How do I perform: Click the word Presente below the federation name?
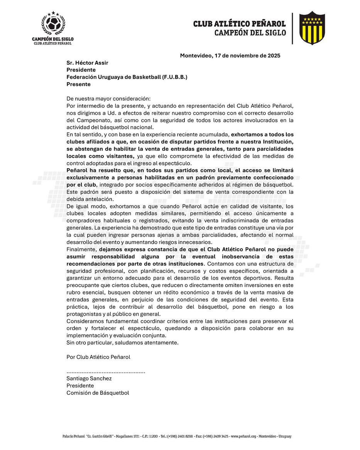78,84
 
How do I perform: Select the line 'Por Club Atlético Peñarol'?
98,357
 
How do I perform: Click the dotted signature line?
106,372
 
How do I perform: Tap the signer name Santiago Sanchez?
89,379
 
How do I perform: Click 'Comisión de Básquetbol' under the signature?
98,393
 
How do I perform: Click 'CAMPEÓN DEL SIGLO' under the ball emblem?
53,39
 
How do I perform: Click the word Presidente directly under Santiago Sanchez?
80,386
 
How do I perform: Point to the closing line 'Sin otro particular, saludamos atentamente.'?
122,343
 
